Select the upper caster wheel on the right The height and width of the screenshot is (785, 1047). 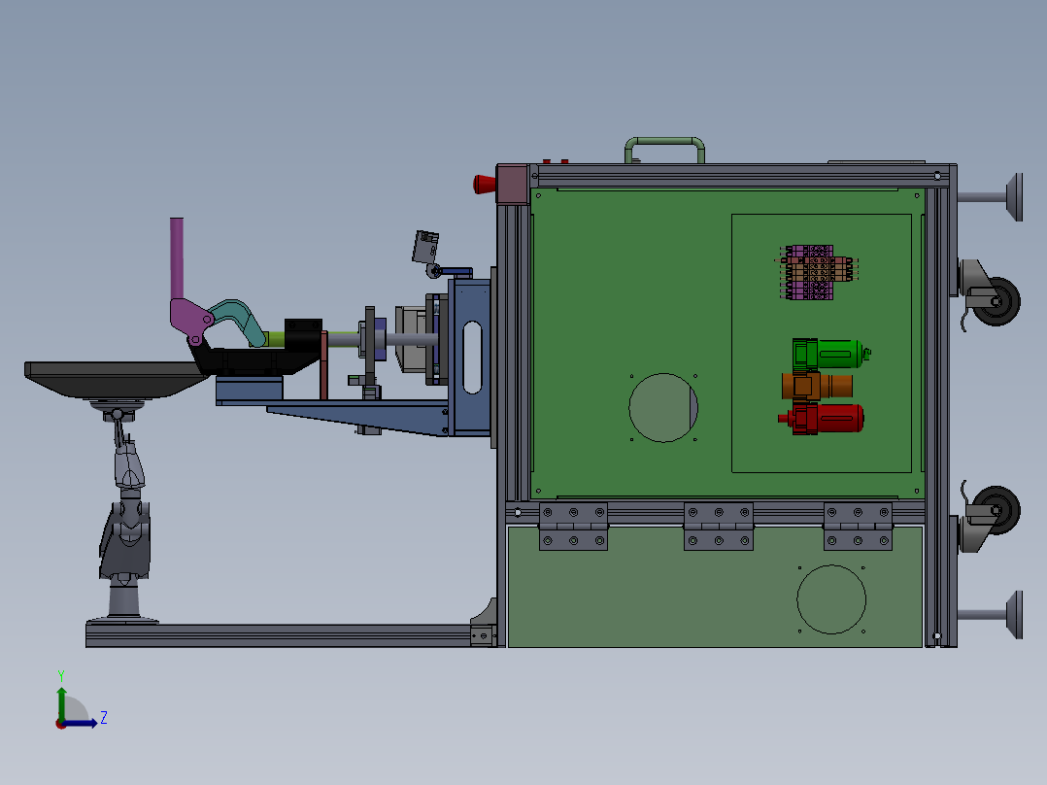[995, 301]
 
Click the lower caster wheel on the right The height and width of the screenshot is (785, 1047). [995, 511]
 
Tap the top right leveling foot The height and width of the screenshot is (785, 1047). [1013, 197]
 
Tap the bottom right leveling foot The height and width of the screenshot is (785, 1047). [1013, 614]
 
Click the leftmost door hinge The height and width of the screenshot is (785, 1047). [573, 526]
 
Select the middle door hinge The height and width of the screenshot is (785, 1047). [719, 526]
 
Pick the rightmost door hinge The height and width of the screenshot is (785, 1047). [858, 526]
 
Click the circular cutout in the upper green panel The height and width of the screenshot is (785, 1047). [663, 407]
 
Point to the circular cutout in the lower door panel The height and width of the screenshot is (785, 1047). [831, 598]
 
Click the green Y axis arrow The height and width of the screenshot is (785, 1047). [61, 698]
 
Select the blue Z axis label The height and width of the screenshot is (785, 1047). [103, 718]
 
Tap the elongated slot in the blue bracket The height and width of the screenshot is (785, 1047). [472, 358]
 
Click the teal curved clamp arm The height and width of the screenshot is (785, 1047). [238, 319]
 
